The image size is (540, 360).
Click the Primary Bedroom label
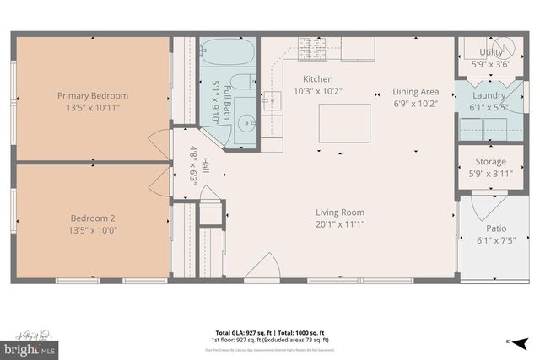pos(93,95)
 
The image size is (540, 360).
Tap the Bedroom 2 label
pos(93,218)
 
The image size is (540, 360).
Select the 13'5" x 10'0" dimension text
pos(93,229)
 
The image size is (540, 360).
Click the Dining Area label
pos(416,92)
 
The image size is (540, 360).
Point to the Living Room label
pos(340,212)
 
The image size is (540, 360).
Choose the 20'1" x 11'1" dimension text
pos(340,224)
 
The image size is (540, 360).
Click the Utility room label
pos(491,52)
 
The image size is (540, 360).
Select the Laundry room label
pos(489,95)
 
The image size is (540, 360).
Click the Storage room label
pos(491,162)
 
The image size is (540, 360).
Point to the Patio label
pos(496,228)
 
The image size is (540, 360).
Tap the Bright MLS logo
pos(30,346)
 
